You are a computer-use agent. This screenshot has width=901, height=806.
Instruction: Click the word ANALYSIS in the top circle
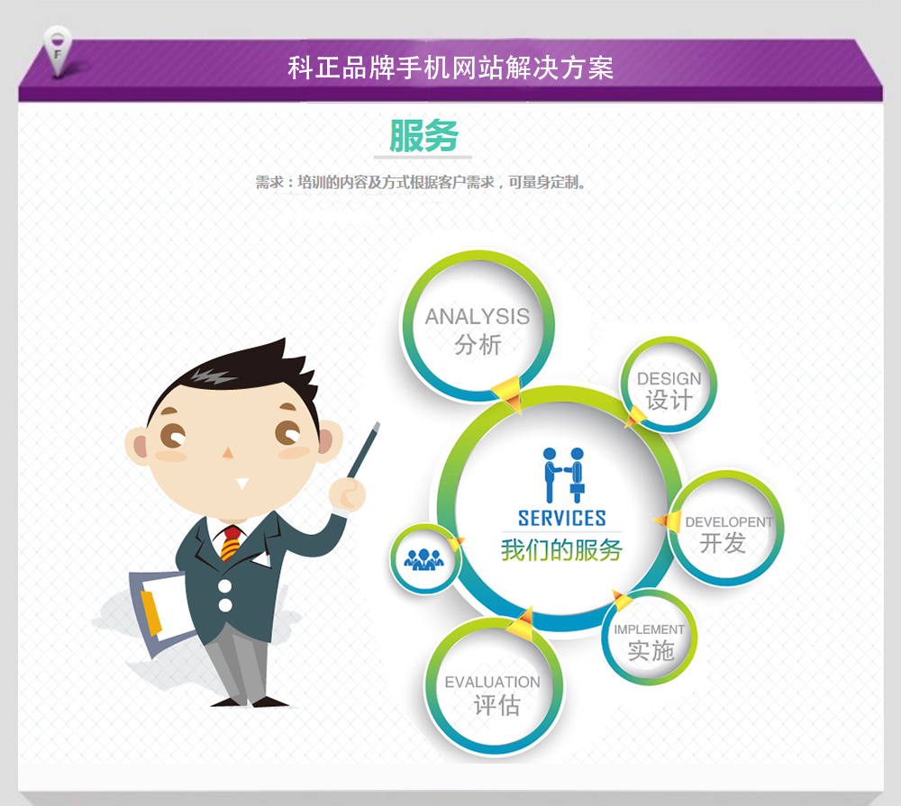[477, 316]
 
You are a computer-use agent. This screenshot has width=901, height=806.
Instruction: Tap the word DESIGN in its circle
[669, 378]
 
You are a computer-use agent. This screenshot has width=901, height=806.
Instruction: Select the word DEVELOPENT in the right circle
[729, 521]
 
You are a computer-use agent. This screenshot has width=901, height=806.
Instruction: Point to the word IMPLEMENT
[649, 629]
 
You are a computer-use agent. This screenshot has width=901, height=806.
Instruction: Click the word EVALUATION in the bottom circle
[493, 682]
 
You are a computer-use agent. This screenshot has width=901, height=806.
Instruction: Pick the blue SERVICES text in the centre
[561, 518]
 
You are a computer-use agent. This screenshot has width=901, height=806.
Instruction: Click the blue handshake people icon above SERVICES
[564, 475]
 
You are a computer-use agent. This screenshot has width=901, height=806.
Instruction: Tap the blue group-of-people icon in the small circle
[424, 559]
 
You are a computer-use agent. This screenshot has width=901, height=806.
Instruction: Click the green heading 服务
[423, 136]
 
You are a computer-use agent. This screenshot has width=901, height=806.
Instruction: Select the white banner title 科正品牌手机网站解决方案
[450, 68]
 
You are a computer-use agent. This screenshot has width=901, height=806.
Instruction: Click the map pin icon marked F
[58, 51]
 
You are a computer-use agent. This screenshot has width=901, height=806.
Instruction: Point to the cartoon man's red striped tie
[231, 542]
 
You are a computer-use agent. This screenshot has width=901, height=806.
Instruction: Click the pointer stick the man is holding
[363, 451]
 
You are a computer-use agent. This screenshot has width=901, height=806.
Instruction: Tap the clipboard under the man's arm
[162, 610]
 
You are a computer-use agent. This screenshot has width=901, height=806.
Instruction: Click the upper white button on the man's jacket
[224, 586]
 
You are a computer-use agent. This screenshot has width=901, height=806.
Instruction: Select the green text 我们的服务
[561, 550]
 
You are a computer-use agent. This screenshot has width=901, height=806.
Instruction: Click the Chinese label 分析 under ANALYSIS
[478, 345]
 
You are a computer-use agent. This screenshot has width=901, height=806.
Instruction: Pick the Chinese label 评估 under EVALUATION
[496, 705]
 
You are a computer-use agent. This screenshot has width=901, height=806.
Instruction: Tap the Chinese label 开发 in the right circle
[723, 543]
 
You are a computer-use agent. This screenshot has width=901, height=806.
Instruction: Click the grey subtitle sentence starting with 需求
[420, 183]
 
